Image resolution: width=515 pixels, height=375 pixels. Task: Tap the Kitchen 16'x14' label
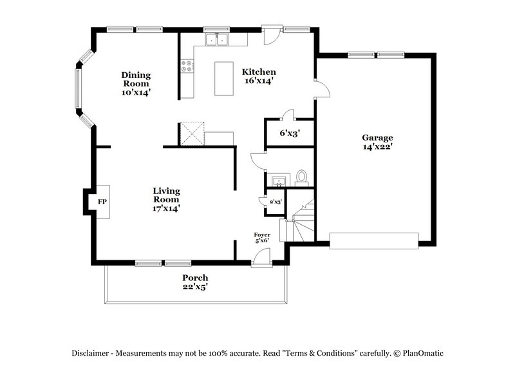[259, 76]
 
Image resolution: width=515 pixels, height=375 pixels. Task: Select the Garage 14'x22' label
[377, 142]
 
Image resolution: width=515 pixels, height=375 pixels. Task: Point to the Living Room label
[166, 199]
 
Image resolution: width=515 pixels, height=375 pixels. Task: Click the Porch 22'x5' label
[194, 282]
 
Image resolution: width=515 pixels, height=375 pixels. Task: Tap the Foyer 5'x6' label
[261, 237]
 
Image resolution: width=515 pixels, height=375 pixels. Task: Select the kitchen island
[225, 78]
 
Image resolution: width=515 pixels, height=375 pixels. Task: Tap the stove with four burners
[187, 64]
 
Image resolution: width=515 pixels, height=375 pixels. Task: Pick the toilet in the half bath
[302, 177]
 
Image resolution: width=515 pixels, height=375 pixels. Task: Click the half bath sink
[278, 179]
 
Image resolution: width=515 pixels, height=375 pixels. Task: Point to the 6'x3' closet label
[289, 134]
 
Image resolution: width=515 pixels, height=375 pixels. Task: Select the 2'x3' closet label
[276, 202]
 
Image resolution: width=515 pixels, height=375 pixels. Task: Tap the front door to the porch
[261, 258]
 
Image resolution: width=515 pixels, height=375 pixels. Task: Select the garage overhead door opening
[374, 240]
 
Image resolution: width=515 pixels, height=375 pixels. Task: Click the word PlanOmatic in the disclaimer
[420, 353]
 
